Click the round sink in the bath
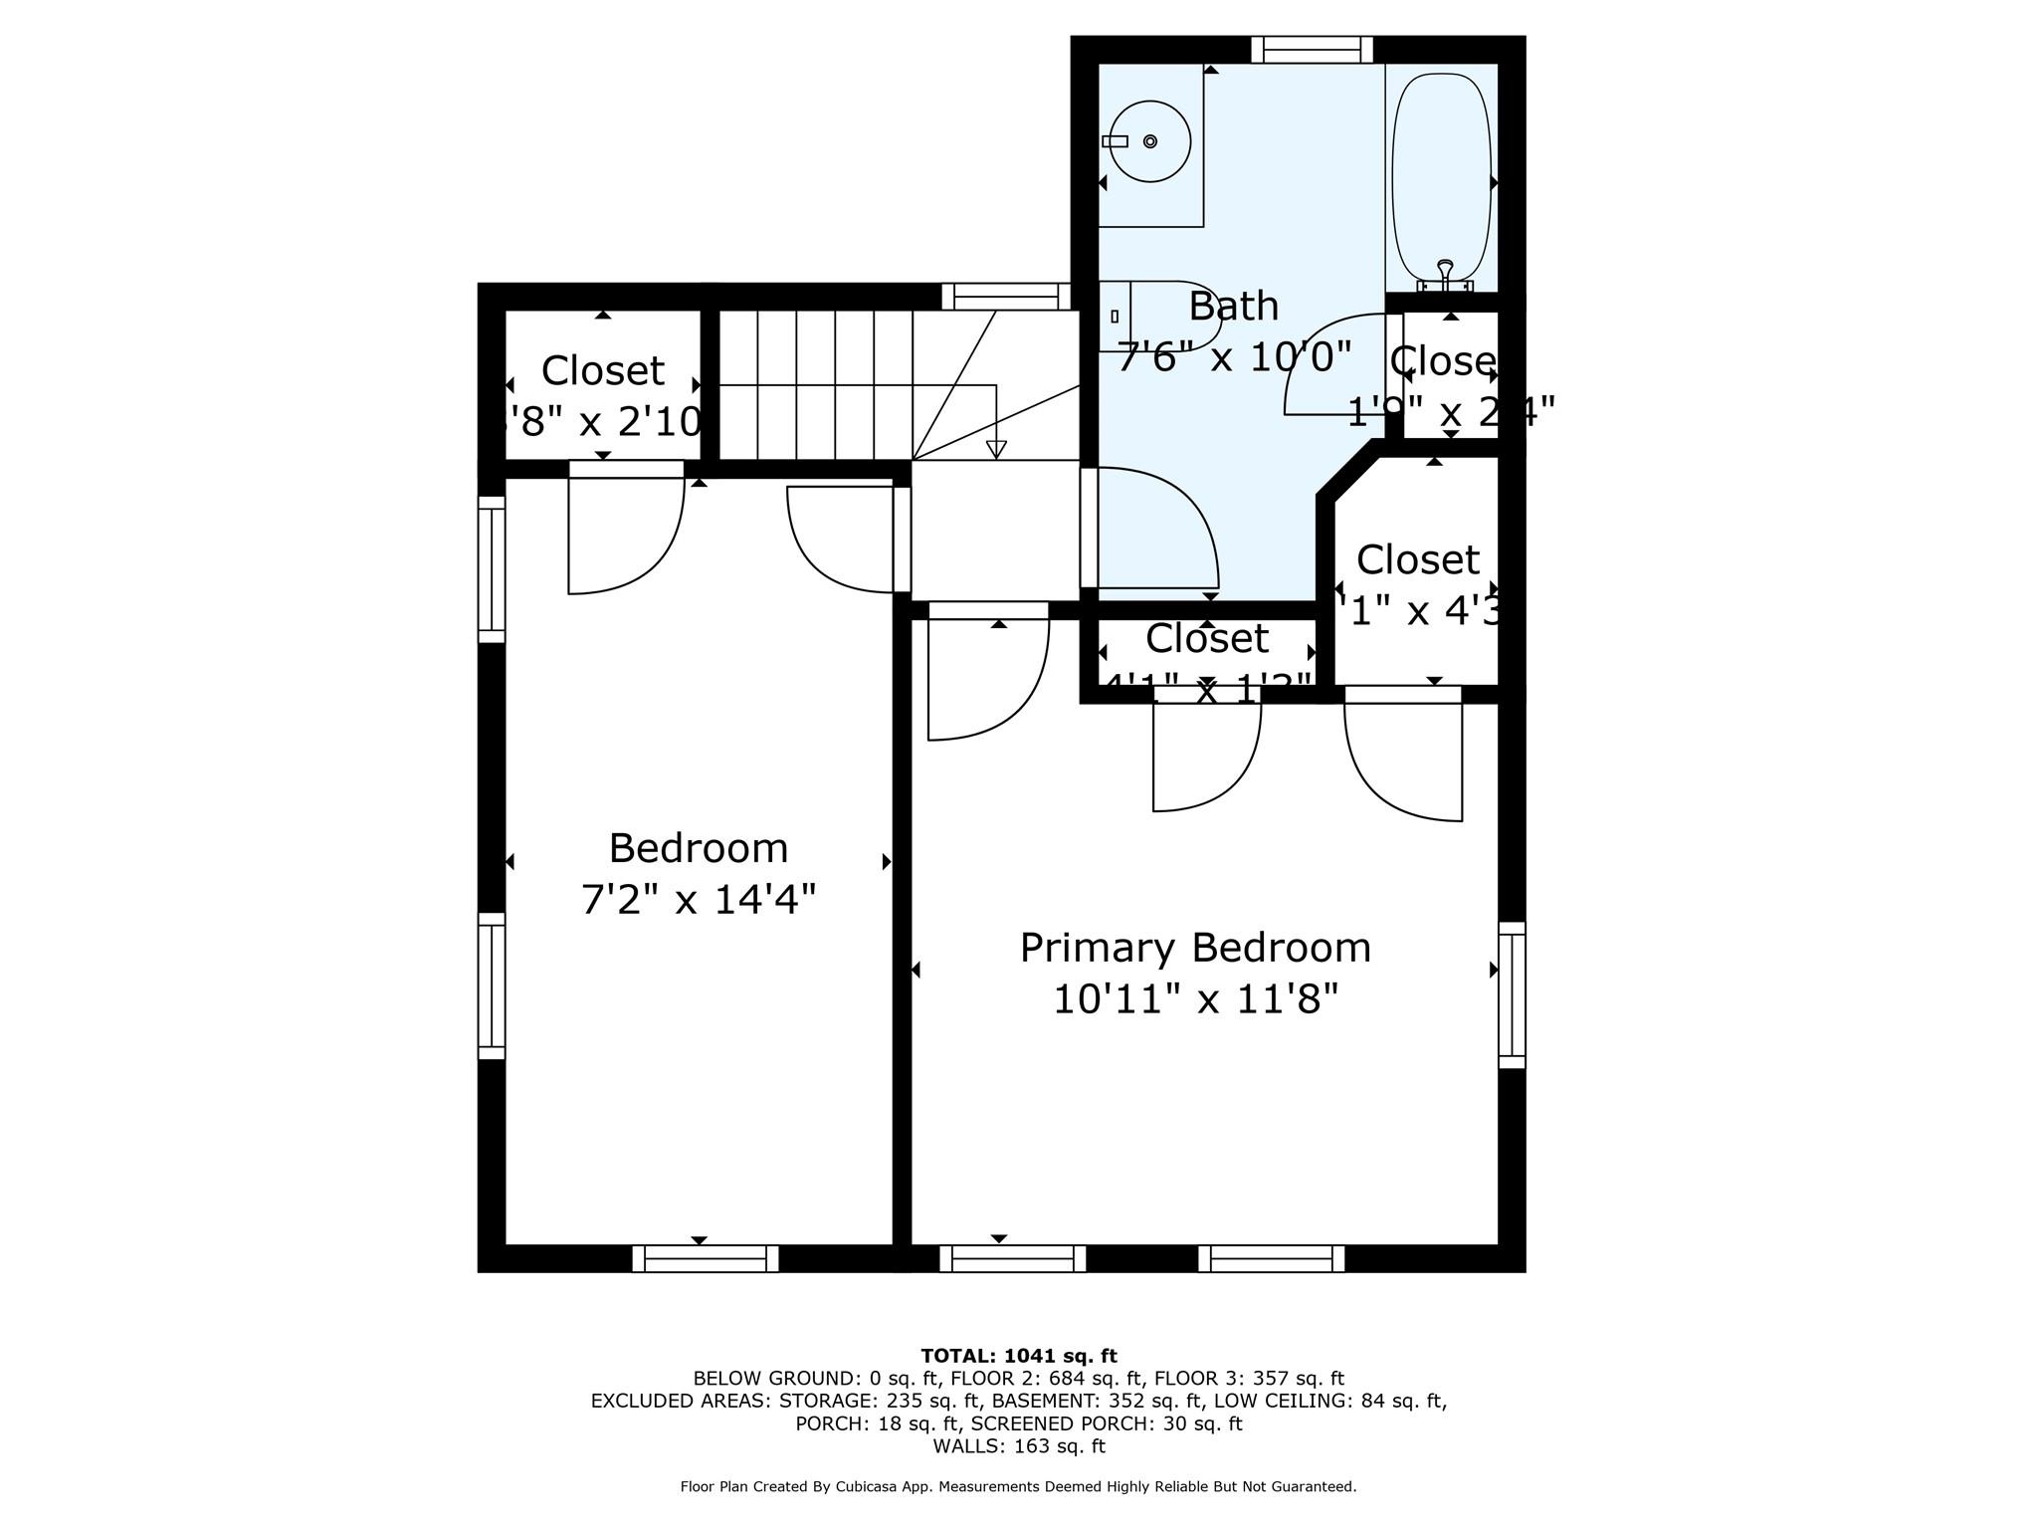(x=1150, y=141)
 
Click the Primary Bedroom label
(x=1195, y=947)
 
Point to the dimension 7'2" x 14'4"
(x=698, y=900)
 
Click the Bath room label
(x=1234, y=306)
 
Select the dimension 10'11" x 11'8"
(x=1195, y=998)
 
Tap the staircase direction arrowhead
(x=995, y=449)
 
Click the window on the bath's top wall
(x=1312, y=49)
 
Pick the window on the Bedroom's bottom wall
(x=706, y=1258)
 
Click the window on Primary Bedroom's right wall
(x=1512, y=994)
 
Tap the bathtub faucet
(x=1445, y=272)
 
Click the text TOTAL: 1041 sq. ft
(x=1018, y=1356)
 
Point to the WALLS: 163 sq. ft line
(x=1018, y=1445)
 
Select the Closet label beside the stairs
(x=602, y=371)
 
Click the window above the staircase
(x=1005, y=297)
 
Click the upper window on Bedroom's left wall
(x=492, y=569)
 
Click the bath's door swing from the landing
(x=1154, y=528)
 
